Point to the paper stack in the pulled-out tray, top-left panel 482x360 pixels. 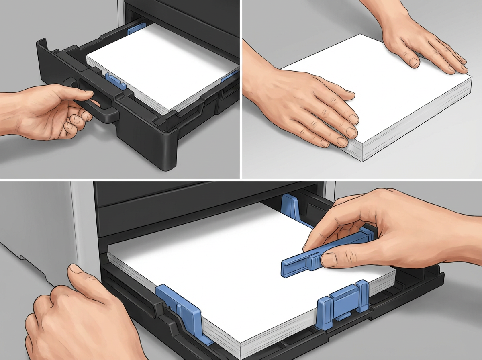[161, 64]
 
